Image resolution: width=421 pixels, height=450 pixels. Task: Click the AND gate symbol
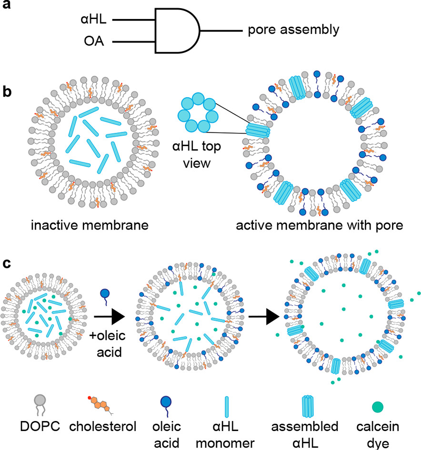(176, 31)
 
